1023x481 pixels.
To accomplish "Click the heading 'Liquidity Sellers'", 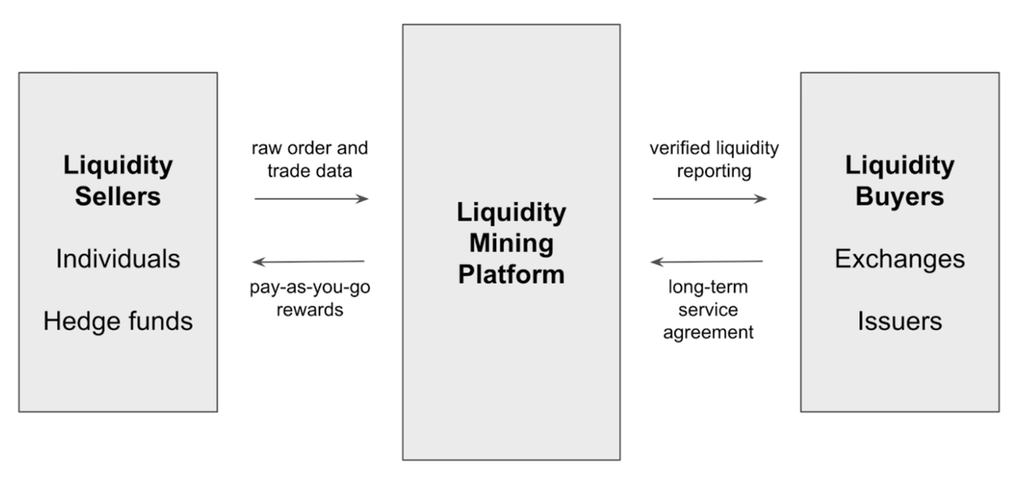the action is [x=118, y=180].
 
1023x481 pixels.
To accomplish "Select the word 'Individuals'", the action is [x=118, y=259].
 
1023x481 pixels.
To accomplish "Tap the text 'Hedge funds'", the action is [x=118, y=321].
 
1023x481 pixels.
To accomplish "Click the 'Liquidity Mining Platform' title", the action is [x=511, y=243].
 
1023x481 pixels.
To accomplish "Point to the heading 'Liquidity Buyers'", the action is [x=899, y=180].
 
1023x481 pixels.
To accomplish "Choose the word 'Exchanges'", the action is [x=899, y=259].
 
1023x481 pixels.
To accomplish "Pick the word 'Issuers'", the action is [x=899, y=321].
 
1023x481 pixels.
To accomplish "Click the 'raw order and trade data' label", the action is [x=309, y=159].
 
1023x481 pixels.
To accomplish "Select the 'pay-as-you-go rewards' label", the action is [x=309, y=298].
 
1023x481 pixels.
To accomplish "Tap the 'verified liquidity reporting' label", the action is [x=714, y=159].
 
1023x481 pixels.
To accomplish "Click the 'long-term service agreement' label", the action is [x=708, y=310].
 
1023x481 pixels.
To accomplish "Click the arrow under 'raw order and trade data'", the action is [x=311, y=198].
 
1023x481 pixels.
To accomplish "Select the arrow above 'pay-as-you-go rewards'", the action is [x=309, y=261].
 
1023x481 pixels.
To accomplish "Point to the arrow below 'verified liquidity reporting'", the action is [x=709, y=198].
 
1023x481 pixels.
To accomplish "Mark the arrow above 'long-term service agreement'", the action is [x=707, y=261].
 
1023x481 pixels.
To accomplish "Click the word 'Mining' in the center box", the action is [x=511, y=243].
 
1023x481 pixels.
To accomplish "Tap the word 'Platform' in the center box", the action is [x=511, y=274].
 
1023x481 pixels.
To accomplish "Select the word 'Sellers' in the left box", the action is [x=118, y=197].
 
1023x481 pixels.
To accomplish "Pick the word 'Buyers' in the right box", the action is [x=899, y=197].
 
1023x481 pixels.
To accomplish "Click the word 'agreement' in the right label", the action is [x=708, y=332].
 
